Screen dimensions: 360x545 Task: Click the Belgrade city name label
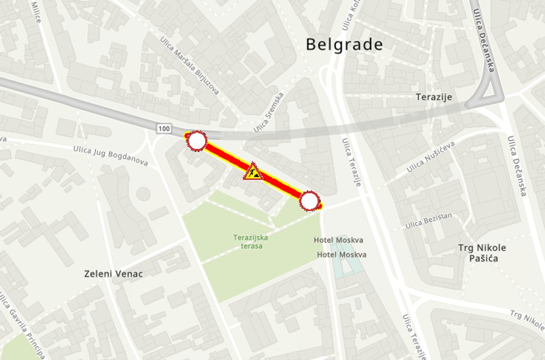pos(344,44)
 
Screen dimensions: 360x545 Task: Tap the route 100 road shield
pos(163,129)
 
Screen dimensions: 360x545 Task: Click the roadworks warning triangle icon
pos(253,171)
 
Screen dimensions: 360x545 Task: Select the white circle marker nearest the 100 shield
pos(197,141)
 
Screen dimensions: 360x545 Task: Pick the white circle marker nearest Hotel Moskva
pos(310,201)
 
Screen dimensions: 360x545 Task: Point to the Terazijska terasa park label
pos(251,241)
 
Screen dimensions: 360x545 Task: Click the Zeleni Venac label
pos(113,274)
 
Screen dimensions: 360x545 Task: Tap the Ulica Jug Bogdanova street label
pos(110,155)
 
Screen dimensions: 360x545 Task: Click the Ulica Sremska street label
pos(268,113)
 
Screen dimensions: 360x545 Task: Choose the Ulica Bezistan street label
pos(428,221)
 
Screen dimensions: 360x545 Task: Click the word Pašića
pos(482,258)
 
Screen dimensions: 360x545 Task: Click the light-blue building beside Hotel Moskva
pos(345,267)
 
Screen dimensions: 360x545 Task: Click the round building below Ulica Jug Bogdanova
pos(143,193)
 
